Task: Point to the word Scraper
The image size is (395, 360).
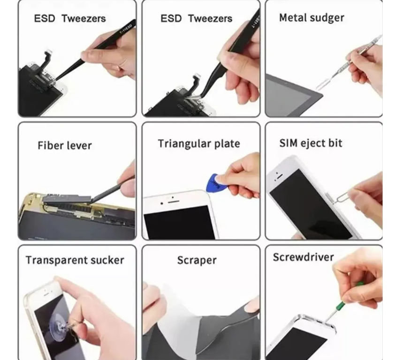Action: click(x=197, y=261)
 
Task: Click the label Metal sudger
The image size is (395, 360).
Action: click(x=311, y=18)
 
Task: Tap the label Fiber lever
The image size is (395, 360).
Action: click(x=64, y=145)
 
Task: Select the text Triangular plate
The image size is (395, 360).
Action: click(x=199, y=144)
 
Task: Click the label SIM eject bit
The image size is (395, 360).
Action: click(x=311, y=143)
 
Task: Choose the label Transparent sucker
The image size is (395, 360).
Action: click(x=75, y=260)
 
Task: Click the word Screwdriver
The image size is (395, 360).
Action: click(x=304, y=257)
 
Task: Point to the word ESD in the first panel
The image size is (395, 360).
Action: click(x=45, y=19)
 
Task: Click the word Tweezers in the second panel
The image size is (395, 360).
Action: click(x=210, y=19)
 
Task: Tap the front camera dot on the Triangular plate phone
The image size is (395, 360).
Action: click(x=161, y=203)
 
